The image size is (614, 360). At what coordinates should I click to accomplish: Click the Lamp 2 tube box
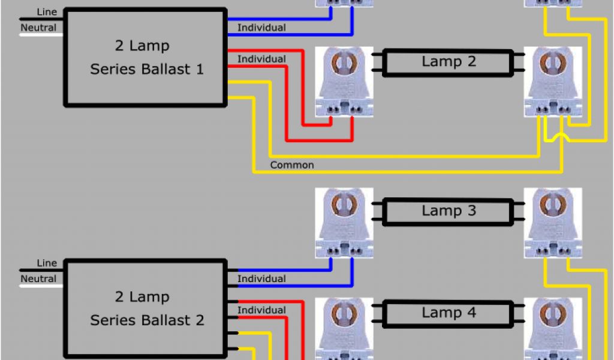[x=449, y=62]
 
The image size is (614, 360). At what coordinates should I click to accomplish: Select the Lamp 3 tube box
[x=449, y=211]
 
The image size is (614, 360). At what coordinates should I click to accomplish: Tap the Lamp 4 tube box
[x=449, y=313]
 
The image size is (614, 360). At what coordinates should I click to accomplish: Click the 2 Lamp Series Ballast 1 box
[x=146, y=58]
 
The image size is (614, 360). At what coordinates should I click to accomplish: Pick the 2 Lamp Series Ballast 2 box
[x=146, y=308]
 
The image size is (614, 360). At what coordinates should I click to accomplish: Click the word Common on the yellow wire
[x=292, y=165]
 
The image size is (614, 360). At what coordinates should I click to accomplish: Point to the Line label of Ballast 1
[x=47, y=12]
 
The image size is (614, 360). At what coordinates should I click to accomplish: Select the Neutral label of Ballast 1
[x=39, y=28]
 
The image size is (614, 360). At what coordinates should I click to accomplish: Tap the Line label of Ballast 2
[x=47, y=263]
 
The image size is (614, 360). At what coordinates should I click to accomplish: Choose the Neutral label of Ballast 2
[x=39, y=278]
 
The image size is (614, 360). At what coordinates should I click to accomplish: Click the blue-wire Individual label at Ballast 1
[x=261, y=28]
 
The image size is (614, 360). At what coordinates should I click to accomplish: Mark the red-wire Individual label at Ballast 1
[x=261, y=59]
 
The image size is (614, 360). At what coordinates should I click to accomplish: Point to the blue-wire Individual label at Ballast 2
[x=261, y=278]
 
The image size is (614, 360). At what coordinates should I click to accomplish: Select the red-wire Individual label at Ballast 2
[x=261, y=310]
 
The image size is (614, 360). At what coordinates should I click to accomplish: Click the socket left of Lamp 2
[x=344, y=82]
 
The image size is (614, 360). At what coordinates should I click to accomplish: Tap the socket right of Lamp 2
[x=552, y=82]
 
